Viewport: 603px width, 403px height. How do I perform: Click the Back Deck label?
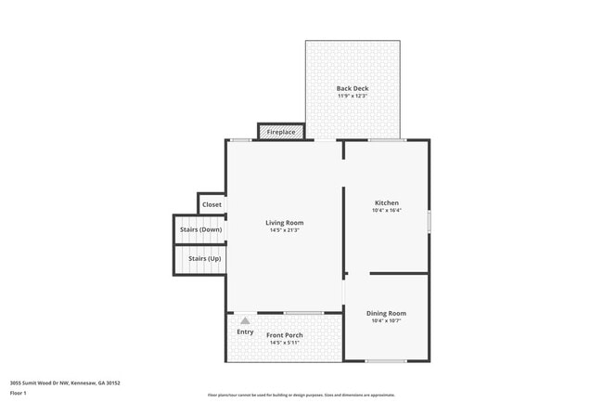pos(353,88)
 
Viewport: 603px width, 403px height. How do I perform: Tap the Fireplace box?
pos(281,132)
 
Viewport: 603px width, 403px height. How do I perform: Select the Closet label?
pos(212,204)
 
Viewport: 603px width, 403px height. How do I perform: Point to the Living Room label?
pos(285,222)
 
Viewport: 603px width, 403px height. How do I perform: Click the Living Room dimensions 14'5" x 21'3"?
pos(285,230)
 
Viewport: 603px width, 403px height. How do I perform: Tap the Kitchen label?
pos(387,202)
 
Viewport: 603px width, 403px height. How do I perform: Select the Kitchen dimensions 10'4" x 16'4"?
pos(387,210)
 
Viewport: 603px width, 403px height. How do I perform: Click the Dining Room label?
pos(386,313)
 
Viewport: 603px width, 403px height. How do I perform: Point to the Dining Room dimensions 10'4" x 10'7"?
pos(386,321)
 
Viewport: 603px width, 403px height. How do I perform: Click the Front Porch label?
pos(285,334)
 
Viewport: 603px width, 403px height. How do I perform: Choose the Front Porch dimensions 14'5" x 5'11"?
pos(285,343)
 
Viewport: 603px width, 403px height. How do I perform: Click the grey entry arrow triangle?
pos(245,320)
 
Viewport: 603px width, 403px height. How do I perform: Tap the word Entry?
pos(245,331)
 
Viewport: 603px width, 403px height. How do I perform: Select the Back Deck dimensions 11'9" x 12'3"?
pos(353,96)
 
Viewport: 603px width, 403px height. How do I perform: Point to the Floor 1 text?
pos(19,393)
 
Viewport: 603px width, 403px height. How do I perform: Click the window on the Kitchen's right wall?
pos(429,221)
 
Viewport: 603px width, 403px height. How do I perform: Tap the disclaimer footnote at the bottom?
pos(301,395)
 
